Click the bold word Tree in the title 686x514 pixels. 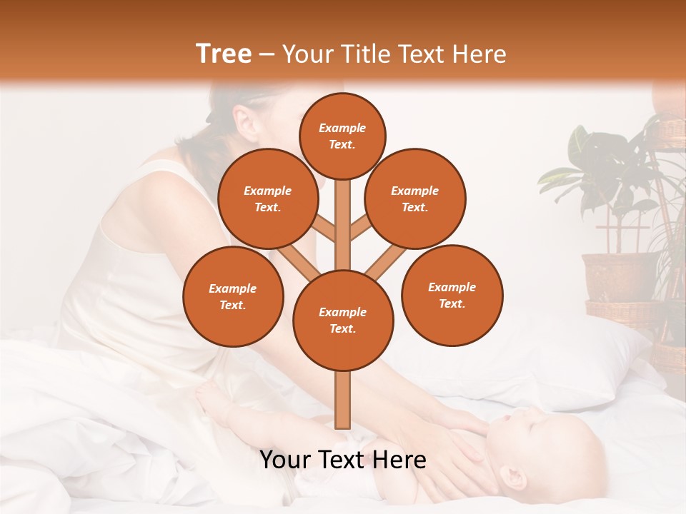pos(224,54)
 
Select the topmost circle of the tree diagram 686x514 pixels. pos(342,136)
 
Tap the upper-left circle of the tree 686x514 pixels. pos(267,198)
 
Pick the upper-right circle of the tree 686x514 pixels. pos(415,198)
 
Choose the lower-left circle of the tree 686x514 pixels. pos(233,296)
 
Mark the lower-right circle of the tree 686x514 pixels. pos(452,295)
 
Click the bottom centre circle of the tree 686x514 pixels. pos(342,320)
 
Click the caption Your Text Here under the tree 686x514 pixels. pos(342,460)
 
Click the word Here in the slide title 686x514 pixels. pos(479,54)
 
